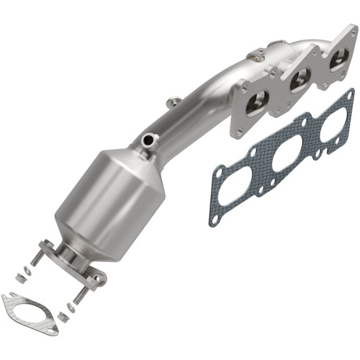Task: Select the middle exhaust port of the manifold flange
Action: [x=295, y=81]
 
